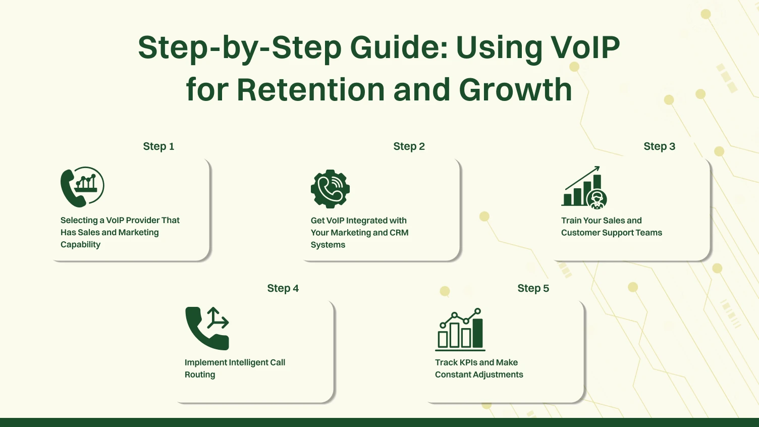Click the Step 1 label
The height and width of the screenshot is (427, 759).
(158, 146)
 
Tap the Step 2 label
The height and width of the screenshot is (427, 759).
(409, 146)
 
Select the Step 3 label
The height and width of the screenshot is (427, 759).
(659, 146)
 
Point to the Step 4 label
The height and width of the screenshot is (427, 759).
(283, 288)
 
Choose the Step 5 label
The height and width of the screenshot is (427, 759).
(533, 288)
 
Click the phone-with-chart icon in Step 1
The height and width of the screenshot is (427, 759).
(82, 187)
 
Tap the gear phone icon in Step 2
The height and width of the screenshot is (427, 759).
(330, 189)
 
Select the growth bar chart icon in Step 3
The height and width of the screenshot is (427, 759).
(583, 187)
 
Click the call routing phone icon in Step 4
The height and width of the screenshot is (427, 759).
(207, 328)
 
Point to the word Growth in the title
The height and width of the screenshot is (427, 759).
(515, 90)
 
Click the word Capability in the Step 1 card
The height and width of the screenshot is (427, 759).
(80, 245)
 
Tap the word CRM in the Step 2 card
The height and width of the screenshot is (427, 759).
(399, 233)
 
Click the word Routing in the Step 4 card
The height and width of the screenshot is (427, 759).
(200, 375)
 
